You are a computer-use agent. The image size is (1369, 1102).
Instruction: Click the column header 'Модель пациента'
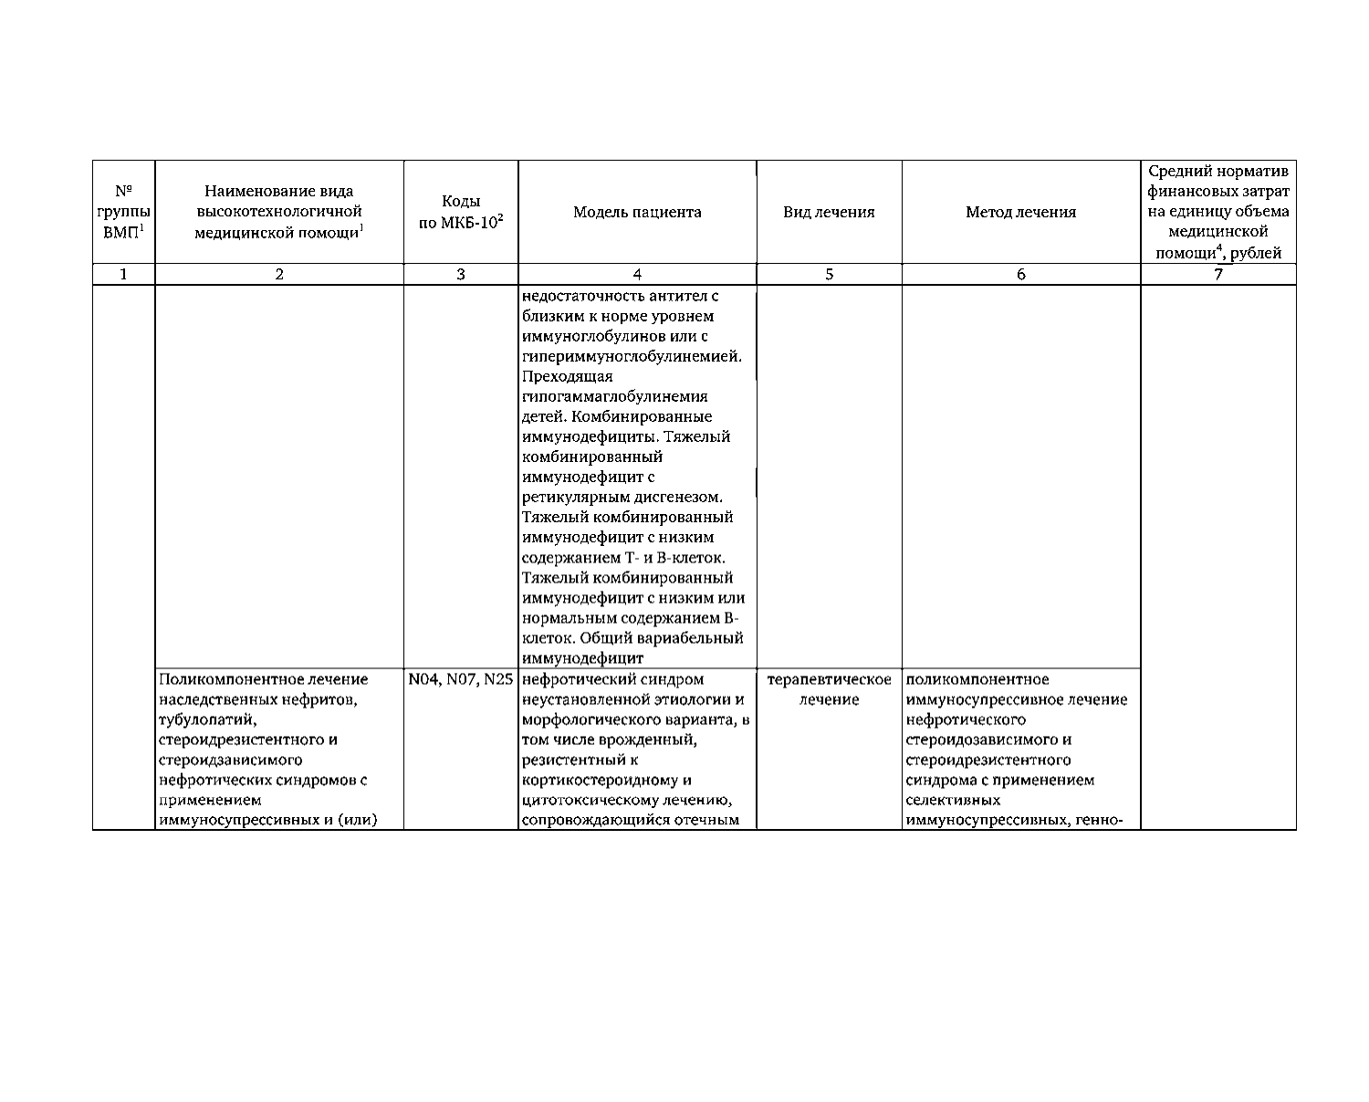[x=637, y=213]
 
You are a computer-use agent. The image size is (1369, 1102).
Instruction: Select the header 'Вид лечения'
[x=829, y=213]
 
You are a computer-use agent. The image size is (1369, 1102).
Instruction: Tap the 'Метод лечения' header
[x=1020, y=213]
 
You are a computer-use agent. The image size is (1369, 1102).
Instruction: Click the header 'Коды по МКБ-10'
[x=461, y=213]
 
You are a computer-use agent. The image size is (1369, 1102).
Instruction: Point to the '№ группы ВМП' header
[x=123, y=213]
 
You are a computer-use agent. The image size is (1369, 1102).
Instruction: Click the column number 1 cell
[x=123, y=274]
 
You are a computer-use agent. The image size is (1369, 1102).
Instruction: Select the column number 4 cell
[x=637, y=274]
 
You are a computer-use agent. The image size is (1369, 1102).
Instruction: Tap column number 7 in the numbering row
[x=1217, y=274]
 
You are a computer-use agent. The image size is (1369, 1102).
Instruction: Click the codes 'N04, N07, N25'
[x=461, y=679]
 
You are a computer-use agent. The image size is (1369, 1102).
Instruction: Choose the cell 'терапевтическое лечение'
[x=829, y=689]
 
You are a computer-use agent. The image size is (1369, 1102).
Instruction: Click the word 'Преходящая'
[x=567, y=376]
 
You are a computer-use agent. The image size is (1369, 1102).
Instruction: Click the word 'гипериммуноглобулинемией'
[x=631, y=356]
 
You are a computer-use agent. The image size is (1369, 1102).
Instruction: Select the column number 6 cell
[x=1020, y=274]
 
